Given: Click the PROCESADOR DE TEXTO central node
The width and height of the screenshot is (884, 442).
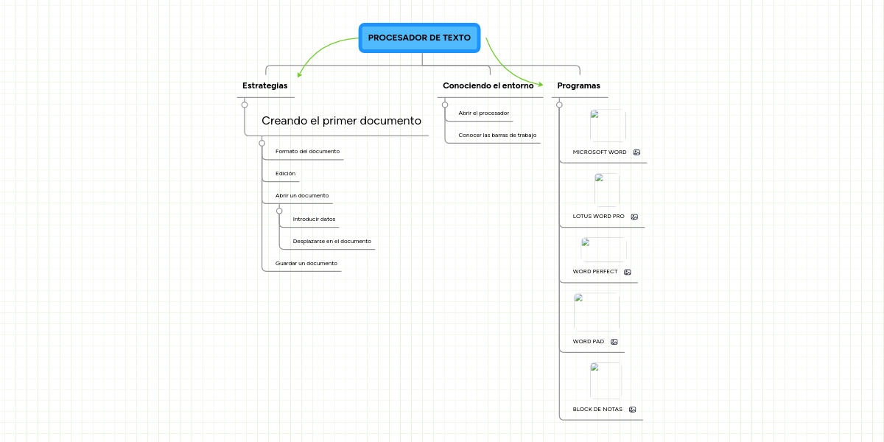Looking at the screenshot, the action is (419, 38).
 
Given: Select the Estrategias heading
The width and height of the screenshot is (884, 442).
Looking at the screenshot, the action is (264, 85).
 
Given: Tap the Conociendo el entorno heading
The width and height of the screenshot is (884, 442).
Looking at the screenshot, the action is (488, 85).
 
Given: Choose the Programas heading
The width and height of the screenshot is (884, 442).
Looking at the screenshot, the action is (578, 85).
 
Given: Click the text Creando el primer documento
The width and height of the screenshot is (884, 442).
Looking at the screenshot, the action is (341, 121).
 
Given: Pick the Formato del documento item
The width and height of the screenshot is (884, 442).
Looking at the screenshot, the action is (307, 151).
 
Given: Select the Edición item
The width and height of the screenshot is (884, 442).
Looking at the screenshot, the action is (285, 173).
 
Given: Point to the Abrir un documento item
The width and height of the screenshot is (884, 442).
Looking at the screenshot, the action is (302, 195).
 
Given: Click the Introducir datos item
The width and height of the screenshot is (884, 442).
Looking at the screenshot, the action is (314, 219).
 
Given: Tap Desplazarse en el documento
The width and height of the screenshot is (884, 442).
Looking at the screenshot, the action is (332, 241).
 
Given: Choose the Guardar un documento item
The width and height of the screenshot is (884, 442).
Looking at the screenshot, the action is (306, 263).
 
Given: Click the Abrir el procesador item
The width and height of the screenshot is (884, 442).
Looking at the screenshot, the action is (484, 113).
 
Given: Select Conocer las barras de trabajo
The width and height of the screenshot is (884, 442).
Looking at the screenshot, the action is (497, 135).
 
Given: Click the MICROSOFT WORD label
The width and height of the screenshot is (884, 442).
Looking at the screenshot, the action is (600, 152).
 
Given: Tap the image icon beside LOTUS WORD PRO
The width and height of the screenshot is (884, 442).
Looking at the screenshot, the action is (634, 217).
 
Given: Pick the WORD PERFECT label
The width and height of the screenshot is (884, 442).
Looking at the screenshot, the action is (595, 272).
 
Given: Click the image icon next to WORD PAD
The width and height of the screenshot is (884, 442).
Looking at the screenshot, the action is (614, 342).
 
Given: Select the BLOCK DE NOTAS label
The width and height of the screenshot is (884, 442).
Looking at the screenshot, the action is (597, 410).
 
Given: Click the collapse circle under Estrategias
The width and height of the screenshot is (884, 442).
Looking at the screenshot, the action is (245, 105).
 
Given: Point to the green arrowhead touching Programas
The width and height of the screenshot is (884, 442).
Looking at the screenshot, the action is (540, 85).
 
